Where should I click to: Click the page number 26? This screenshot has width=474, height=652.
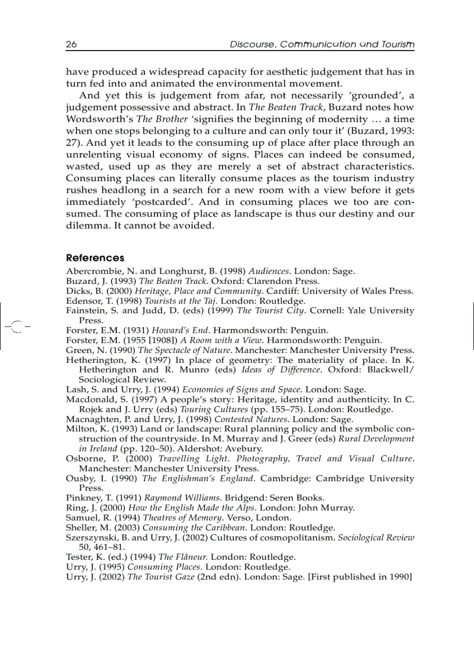coord(72,45)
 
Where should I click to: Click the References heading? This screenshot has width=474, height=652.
coord(95,258)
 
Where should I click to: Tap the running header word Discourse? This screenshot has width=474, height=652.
coord(252,45)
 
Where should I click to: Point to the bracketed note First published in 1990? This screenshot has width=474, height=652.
coord(360,576)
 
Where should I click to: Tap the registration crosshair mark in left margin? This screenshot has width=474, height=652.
coord(17,327)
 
